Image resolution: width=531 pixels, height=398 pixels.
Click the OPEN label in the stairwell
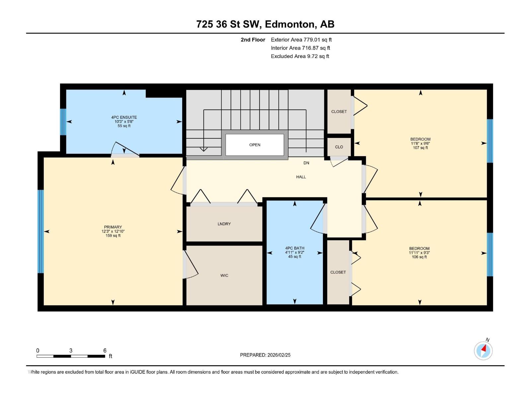click(x=255, y=145)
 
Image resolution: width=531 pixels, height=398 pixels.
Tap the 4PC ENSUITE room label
click(x=124, y=117)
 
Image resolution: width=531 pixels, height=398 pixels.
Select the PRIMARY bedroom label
click(x=113, y=227)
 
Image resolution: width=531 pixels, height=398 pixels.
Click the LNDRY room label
click(x=224, y=224)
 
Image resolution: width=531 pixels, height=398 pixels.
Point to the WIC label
click(x=224, y=276)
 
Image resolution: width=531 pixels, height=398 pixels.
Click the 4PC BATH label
click(x=294, y=248)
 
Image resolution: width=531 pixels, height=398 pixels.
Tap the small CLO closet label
click(x=339, y=147)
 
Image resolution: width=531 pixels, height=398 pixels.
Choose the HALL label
click(x=301, y=177)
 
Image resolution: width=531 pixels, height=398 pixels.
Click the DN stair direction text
click(x=306, y=163)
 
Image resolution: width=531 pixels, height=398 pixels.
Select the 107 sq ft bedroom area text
click(x=420, y=148)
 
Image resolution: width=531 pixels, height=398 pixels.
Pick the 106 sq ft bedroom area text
click(x=419, y=257)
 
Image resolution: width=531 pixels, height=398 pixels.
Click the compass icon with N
click(x=483, y=351)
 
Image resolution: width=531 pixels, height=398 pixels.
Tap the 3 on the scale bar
click(x=71, y=351)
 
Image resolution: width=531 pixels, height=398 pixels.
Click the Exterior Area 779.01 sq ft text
click(x=301, y=40)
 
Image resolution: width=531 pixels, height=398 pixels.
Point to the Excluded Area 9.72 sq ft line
click(x=300, y=56)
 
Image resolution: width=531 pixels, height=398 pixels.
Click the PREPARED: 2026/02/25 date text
click(x=265, y=355)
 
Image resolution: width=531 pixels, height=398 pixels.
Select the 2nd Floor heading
click(x=253, y=40)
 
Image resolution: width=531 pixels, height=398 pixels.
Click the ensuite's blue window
click(x=63, y=122)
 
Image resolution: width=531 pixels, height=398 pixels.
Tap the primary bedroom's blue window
click(x=40, y=231)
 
